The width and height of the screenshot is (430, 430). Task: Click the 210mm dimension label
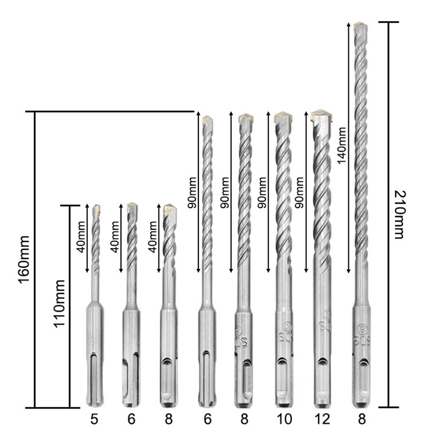(399, 214)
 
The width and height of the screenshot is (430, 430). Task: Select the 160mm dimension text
(24, 260)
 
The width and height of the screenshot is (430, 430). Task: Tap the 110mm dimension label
(59, 304)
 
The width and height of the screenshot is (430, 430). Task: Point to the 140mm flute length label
(342, 145)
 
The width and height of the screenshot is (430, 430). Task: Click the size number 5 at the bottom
(94, 419)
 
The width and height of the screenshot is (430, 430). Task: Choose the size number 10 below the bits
(284, 419)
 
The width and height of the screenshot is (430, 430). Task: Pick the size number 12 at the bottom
(322, 419)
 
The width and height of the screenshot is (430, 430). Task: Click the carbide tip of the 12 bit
(321, 116)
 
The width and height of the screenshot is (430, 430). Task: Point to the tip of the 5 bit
(97, 209)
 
